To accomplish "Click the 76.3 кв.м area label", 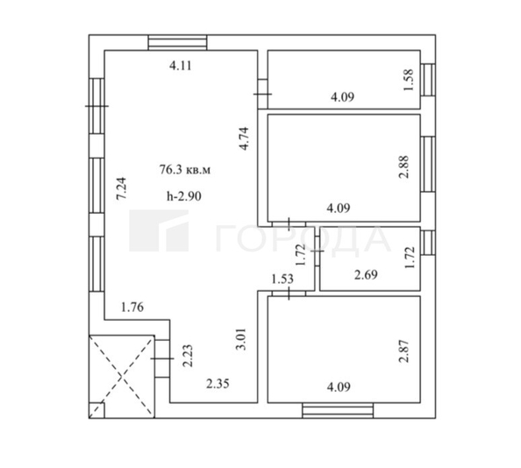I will click(184, 170).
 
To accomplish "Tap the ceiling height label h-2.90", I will click(183, 196).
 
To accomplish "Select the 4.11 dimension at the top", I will click(181, 65).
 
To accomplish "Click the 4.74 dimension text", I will click(246, 141).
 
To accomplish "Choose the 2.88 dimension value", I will click(403, 167).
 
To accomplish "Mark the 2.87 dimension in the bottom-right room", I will click(403, 350).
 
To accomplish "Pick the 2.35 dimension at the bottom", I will click(217, 382).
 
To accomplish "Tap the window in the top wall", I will click(178, 41).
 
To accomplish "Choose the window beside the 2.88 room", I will click(429, 167).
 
